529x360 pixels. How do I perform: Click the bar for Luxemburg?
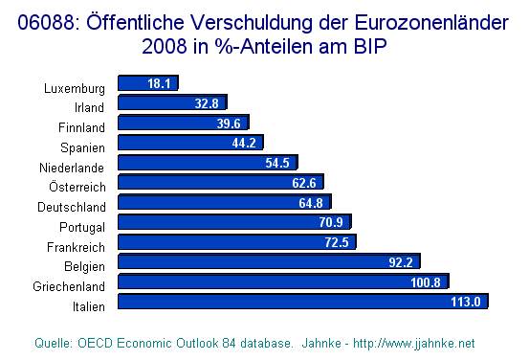point(146,83)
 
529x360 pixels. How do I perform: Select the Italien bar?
point(302,302)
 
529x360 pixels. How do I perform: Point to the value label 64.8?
point(311,202)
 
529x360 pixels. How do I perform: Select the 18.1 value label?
point(159,83)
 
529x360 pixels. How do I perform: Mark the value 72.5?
point(336,242)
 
